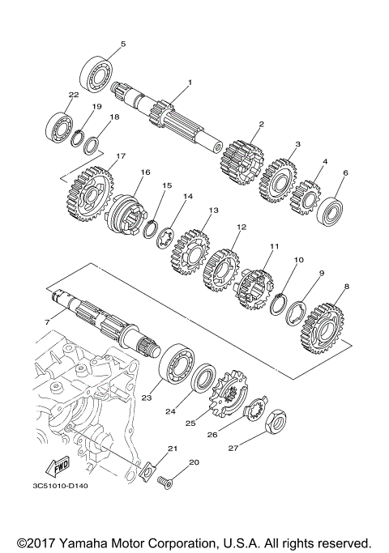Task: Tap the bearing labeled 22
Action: [58, 125]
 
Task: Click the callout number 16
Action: [146, 172]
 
